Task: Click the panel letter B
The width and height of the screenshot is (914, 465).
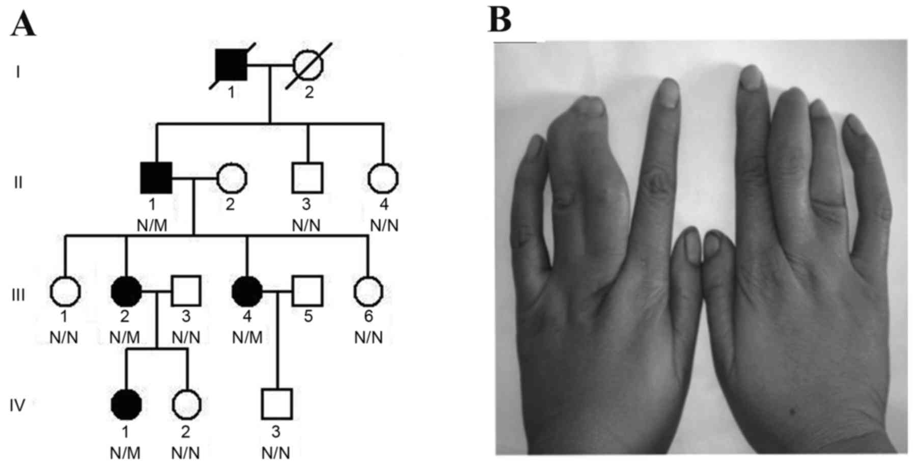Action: tap(500, 20)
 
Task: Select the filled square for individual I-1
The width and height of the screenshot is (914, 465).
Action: tap(232, 66)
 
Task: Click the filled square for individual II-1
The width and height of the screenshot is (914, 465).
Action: tap(156, 178)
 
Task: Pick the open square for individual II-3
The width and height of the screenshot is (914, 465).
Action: tap(308, 178)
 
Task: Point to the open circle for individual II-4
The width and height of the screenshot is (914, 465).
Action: tap(383, 178)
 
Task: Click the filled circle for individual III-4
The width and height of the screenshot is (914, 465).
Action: tap(247, 291)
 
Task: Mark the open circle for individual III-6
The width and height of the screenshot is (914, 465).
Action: tap(368, 291)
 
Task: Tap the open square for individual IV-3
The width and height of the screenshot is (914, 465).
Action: tap(277, 404)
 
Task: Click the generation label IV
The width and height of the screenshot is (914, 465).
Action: tap(18, 405)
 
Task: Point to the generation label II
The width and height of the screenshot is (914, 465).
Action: tap(18, 182)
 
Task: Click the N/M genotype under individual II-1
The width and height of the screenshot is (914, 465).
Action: tap(152, 226)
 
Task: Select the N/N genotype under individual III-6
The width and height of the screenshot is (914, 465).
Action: tap(369, 338)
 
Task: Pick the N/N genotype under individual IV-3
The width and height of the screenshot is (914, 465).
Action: tap(276, 452)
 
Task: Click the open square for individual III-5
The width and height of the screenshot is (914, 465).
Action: tap(308, 291)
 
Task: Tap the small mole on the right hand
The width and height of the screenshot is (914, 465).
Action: tap(793, 411)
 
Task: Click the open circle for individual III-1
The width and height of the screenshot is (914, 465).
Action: tap(65, 291)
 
